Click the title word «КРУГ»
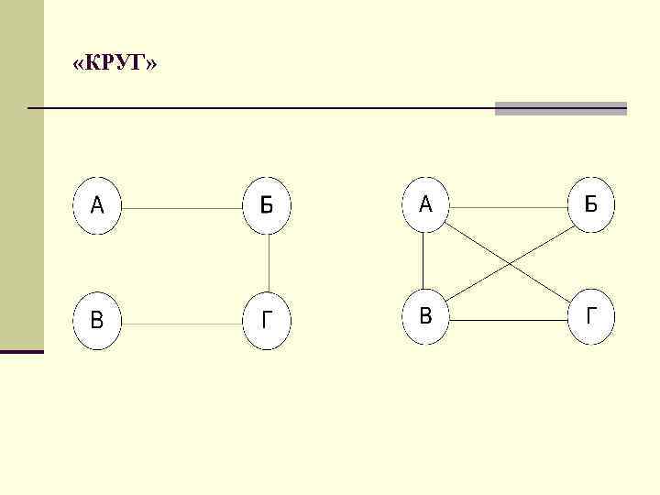(115, 65)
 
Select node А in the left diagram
(97, 204)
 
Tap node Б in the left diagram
(267, 204)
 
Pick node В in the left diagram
(97, 322)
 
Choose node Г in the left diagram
(267, 322)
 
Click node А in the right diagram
(425, 204)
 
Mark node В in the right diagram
(425, 318)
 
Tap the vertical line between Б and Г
(269, 263)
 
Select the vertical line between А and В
(423, 261)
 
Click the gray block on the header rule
(560, 108)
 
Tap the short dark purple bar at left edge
(22, 351)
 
